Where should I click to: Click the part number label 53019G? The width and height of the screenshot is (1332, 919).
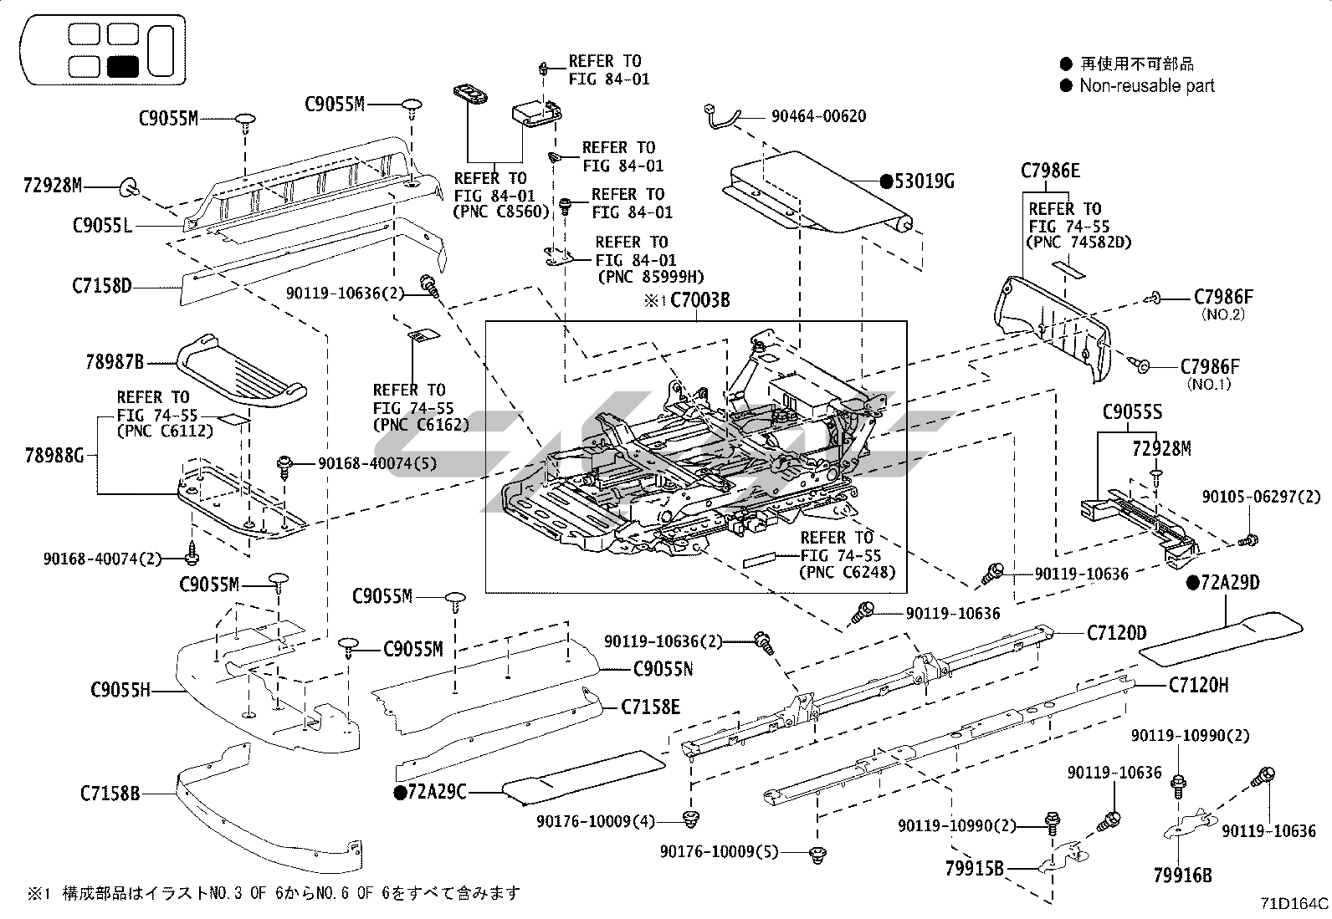(925, 181)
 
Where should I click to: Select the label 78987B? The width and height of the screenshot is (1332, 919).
(115, 362)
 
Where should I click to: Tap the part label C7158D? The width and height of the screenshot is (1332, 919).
(102, 287)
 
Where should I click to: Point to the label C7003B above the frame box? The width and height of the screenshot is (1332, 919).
(700, 300)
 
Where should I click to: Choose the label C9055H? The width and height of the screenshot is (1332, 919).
(120, 691)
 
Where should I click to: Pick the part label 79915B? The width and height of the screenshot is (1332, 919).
(974, 869)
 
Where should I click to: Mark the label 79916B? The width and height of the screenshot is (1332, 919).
(1182, 876)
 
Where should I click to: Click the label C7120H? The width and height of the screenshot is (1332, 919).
(1199, 686)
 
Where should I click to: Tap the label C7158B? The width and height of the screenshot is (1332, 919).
(110, 793)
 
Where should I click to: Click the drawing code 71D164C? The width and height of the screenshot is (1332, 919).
(1294, 904)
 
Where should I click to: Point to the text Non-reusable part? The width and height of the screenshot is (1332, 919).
(1146, 85)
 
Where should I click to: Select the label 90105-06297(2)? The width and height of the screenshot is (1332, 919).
(1262, 497)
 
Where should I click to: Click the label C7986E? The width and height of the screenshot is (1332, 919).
(1050, 171)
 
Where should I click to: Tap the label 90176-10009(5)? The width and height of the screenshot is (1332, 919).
(719, 852)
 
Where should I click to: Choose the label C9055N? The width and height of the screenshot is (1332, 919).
(663, 669)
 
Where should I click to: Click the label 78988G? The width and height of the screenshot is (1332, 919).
(54, 455)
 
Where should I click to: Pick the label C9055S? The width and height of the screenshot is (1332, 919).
(1132, 412)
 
